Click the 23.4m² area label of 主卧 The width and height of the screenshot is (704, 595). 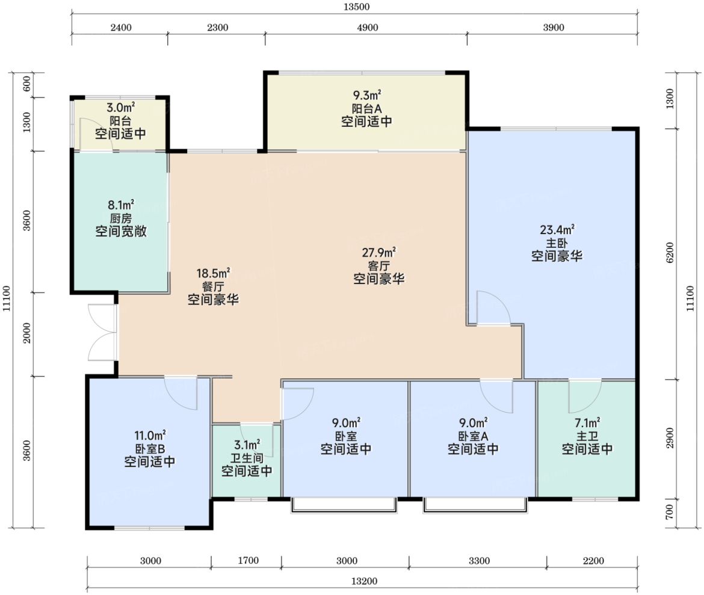[x=557, y=230]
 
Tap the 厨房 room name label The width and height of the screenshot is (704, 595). [x=121, y=218]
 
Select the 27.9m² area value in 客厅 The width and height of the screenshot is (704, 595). [x=379, y=252]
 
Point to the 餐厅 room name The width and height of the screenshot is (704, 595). [x=213, y=286]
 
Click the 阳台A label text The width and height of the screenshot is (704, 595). [x=366, y=108]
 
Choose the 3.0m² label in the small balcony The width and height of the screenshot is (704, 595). [x=121, y=107]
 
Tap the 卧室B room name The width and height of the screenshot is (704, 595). [x=150, y=449]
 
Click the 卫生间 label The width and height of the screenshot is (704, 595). [x=247, y=458]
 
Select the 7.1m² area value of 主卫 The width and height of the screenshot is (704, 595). [x=587, y=423]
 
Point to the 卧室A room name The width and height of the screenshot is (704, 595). [x=473, y=436]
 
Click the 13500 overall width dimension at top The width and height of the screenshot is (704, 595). [x=356, y=7]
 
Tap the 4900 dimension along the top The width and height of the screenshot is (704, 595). [x=367, y=28]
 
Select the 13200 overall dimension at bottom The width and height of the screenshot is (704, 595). [x=364, y=581]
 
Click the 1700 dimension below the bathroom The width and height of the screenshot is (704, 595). [x=249, y=561]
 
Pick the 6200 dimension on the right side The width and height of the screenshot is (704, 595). [x=670, y=252]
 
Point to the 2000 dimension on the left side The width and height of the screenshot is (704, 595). [x=28, y=333]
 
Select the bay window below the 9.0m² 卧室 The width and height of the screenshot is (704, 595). [x=344, y=505]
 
